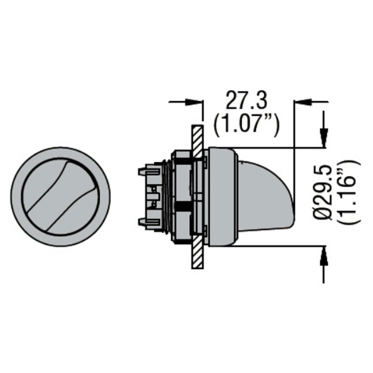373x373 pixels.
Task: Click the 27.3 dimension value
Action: (x=246, y=99)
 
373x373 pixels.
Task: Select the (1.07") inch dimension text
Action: (x=246, y=125)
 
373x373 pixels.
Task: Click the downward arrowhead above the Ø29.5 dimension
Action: (x=324, y=137)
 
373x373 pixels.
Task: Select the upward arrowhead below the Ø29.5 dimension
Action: (x=324, y=256)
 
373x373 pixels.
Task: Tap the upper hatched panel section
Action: (x=197, y=141)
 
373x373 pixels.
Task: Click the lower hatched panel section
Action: (x=197, y=252)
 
